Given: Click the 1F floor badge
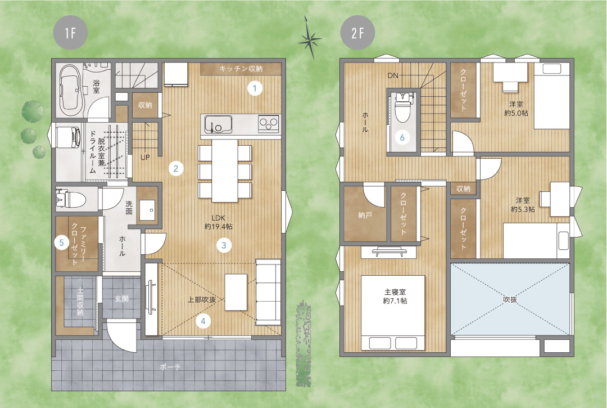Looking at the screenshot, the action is click(70, 33).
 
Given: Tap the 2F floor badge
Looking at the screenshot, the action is click(357, 33).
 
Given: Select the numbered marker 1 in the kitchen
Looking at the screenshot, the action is click(255, 88).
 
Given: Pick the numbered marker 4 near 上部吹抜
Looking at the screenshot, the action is click(203, 320).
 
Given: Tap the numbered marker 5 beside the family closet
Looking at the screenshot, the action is click(62, 243).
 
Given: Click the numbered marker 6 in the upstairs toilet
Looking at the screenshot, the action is click(402, 137).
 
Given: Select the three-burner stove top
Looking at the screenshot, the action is click(269, 124).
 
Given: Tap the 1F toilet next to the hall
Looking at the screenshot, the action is click(70, 199).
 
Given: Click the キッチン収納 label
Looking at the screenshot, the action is click(241, 69).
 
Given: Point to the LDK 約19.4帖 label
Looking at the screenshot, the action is click(218, 222).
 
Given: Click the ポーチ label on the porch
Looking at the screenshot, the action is click(170, 366).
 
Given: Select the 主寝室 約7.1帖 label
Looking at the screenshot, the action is click(395, 297).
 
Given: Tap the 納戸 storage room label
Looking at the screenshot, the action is click(365, 214).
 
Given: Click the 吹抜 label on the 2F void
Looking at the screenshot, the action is click(510, 299).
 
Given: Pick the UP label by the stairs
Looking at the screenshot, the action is click(145, 158).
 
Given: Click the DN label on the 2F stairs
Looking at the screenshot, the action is click(393, 75).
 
